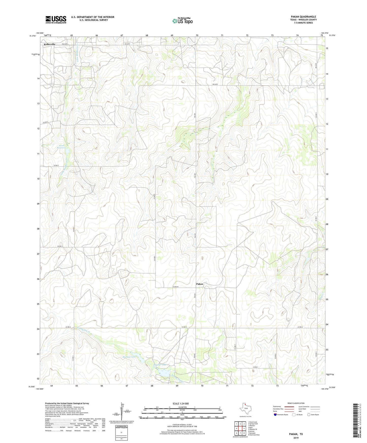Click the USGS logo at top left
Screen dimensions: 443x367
click(x=56, y=19)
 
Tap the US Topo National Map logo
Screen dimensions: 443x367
click(x=182, y=21)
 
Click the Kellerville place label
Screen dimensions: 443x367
click(x=50, y=44)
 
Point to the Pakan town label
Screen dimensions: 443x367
click(x=200, y=284)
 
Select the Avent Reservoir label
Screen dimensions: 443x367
click(x=62, y=146)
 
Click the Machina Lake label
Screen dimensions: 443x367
click(x=129, y=357)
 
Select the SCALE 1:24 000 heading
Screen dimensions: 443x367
click(x=180, y=403)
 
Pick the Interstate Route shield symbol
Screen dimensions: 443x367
click(x=275, y=415)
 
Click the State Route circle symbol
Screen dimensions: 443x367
click(x=309, y=415)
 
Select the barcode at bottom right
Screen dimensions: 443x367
click(x=356, y=420)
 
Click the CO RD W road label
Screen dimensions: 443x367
click(x=177, y=287)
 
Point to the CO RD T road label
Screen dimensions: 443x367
click(x=56, y=165)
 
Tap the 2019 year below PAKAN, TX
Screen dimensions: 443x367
click(x=296, y=438)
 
